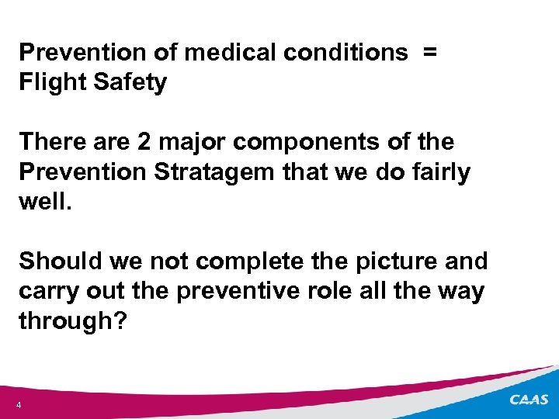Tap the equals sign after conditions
(430, 53)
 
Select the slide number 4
(18, 405)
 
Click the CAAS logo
(529, 400)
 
